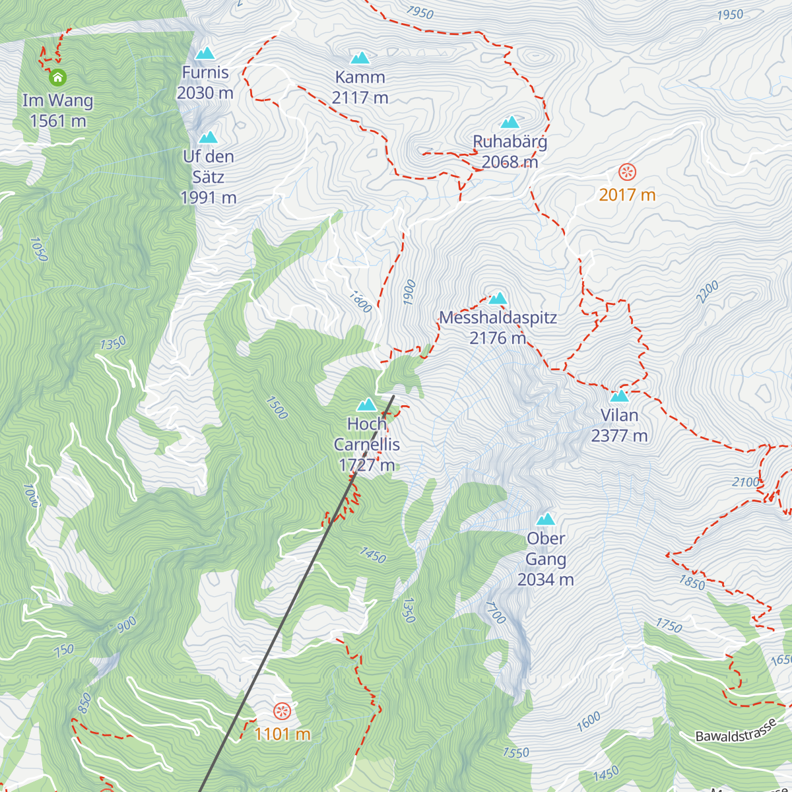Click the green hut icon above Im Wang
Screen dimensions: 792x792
[x=58, y=77]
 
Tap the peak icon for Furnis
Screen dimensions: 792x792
[x=205, y=53]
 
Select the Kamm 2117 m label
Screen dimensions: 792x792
[x=360, y=87]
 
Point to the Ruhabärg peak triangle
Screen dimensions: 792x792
[x=510, y=122]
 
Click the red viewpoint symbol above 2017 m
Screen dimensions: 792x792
[x=627, y=172]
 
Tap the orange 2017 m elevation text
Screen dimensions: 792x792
[x=627, y=195]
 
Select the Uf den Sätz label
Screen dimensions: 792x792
[x=209, y=176]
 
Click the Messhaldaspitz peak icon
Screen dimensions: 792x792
[x=498, y=298]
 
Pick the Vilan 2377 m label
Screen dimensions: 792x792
[x=619, y=425]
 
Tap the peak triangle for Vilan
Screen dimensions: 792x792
[x=619, y=396]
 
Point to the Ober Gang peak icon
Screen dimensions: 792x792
[x=546, y=519]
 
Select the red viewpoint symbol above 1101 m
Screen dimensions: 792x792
[x=282, y=711]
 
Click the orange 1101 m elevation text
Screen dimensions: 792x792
[x=282, y=734]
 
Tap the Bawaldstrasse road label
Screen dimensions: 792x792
[x=736, y=732]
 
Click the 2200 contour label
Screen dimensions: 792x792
[x=708, y=292]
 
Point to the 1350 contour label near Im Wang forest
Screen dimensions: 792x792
[x=113, y=344]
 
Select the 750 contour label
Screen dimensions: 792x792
[x=64, y=651]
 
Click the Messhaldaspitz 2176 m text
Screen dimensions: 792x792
[x=498, y=327]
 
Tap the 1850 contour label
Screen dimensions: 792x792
[x=692, y=582]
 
